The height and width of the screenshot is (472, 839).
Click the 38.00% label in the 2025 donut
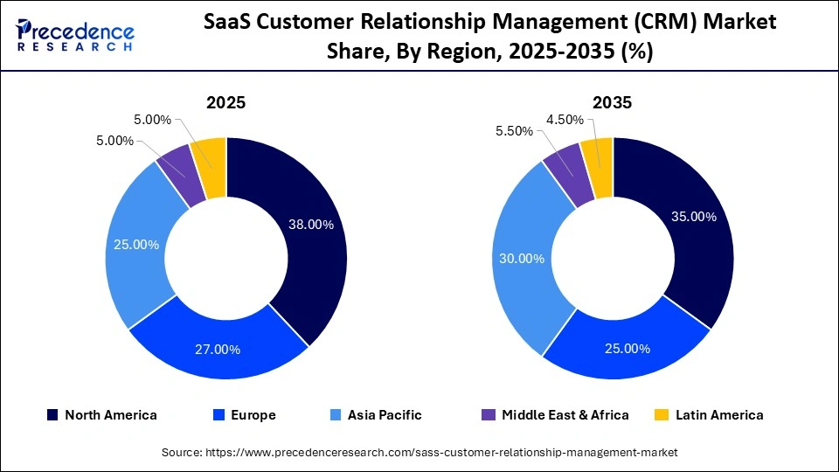coord(311,225)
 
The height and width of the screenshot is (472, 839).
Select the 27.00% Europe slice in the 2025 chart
coord(217,349)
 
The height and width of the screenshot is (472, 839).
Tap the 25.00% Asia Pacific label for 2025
coord(136,245)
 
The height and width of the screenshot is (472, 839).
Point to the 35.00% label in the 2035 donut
coord(692,216)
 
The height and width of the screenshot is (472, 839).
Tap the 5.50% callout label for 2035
coord(514,130)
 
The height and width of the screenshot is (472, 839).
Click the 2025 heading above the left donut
coord(225,102)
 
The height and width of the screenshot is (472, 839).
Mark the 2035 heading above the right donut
coord(612,102)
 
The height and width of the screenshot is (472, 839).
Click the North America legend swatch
coord(52,415)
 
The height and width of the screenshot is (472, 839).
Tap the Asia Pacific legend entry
coord(377,415)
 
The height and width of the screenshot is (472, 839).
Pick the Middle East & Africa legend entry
coord(554,415)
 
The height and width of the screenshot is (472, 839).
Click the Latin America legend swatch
coord(663,415)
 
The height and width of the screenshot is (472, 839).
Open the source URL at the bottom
coord(419,452)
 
